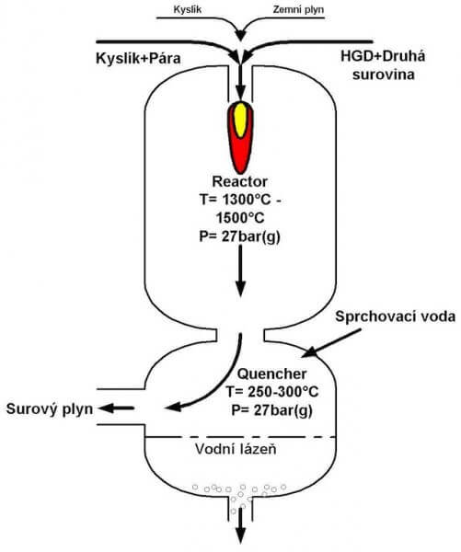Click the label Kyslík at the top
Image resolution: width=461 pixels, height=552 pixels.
pyautogui.click(x=188, y=9)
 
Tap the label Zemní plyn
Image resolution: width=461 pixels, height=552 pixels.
pyautogui.click(x=298, y=9)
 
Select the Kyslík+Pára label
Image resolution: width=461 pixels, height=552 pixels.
pyautogui.click(x=138, y=58)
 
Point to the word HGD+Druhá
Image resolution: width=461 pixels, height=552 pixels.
pyautogui.click(x=383, y=56)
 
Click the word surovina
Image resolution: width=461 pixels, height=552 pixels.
pyautogui.click(x=384, y=75)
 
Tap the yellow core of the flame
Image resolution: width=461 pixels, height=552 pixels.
pyautogui.click(x=240, y=120)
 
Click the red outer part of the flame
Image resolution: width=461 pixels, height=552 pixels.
pyautogui.click(x=240, y=155)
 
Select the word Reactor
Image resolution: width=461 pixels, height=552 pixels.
pyautogui.click(x=240, y=181)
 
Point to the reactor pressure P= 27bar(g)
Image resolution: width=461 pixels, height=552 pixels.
pyautogui.click(x=240, y=236)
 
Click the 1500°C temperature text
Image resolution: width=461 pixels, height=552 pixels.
pyautogui.click(x=240, y=218)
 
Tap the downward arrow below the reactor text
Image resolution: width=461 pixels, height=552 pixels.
pyautogui.click(x=240, y=270)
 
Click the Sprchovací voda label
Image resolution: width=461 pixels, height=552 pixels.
pyautogui.click(x=395, y=316)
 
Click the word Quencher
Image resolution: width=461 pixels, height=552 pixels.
pyautogui.click(x=271, y=374)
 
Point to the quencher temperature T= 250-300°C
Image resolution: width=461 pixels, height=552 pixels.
pyautogui.click(x=272, y=392)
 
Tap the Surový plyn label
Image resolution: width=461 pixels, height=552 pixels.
pyautogui.click(x=50, y=409)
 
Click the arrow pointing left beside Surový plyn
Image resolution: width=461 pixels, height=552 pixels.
pyautogui.click(x=116, y=408)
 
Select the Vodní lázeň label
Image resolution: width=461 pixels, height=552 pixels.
pyautogui.click(x=236, y=449)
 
